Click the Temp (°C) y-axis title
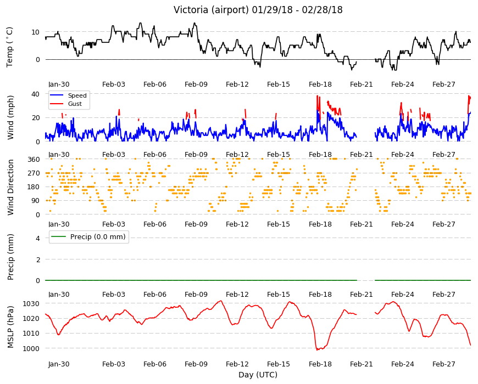click(10, 47)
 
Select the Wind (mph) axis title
click(10, 117)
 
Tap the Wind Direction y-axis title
click(10, 187)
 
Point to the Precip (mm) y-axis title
click(10, 257)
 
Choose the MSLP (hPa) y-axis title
click(10, 326)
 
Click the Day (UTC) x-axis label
click(258, 375)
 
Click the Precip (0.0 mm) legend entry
click(89, 237)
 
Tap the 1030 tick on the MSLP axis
click(31, 304)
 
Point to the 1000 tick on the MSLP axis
click(31, 348)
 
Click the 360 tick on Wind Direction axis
click(34, 159)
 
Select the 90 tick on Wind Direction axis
click(36, 201)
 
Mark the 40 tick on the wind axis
click(36, 94)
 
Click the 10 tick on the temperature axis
click(36, 32)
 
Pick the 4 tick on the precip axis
click(38, 238)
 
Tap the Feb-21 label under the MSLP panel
click(361, 364)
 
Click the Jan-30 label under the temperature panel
click(59, 84)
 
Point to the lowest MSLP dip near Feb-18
click(318, 349)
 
